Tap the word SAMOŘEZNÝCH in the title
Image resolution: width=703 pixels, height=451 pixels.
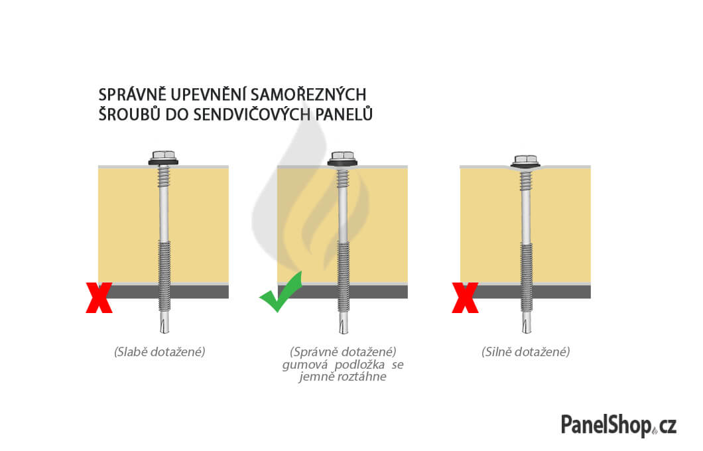pyautogui.click(x=308, y=95)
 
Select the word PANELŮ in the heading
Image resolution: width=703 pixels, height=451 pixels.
pyautogui.click(x=344, y=114)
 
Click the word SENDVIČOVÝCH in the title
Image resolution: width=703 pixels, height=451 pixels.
pyautogui.click(x=252, y=114)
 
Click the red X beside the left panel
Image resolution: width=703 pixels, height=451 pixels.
pyautogui.click(x=99, y=298)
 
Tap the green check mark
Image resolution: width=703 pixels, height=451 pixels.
pyautogui.click(x=281, y=292)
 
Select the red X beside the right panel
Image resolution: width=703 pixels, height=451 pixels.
pyautogui.click(x=466, y=298)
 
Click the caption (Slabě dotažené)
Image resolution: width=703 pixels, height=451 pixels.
pyautogui.click(x=160, y=352)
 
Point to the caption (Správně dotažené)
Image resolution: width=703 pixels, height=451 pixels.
pyautogui.click(x=343, y=352)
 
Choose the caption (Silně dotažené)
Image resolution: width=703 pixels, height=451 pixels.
pyautogui.click(x=525, y=352)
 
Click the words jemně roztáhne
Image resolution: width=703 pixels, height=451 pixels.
pyautogui.click(x=342, y=377)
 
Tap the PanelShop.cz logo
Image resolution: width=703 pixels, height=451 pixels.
pyautogui.click(x=619, y=425)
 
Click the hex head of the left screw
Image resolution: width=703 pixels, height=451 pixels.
pyautogui.click(x=164, y=156)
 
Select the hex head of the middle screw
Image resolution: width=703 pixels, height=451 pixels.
pyautogui.click(x=342, y=157)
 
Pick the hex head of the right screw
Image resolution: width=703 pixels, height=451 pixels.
pyautogui.click(x=525, y=160)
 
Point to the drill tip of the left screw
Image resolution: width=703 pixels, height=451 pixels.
pyautogui.click(x=164, y=323)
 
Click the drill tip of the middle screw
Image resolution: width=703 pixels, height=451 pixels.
pyautogui.click(x=344, y=323)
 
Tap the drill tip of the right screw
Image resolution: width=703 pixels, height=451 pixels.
pyautogui.click(x=527, y=323)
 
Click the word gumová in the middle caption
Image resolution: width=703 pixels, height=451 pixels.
pyautogui.click(x=305, y=365)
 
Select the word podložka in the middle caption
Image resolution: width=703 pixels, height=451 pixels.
pyautogui.click(x=359, y=365)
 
